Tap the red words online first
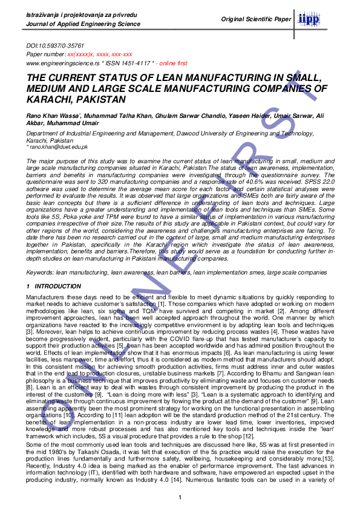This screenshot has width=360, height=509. (x=173, y=63)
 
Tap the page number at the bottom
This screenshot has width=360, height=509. (x=180, y=497)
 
